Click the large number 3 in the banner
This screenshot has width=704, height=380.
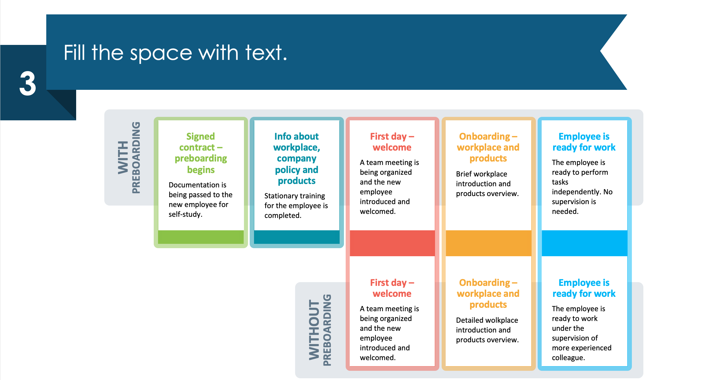click(28, 84)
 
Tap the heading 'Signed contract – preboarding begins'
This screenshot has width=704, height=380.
click(201, 153)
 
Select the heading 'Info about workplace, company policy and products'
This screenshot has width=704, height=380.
click(297, 158)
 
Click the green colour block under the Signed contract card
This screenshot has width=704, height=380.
click(201, 237)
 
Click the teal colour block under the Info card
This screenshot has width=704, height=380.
click(297, 237)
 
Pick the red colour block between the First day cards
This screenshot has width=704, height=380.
click(392, 243)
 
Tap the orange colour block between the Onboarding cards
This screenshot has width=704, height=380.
click(488, 243)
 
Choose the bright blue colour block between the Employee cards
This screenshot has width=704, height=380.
click(584, 243)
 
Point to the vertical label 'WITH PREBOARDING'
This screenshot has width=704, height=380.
click(129, 157)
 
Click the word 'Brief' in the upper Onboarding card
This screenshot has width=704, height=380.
click(463, 174)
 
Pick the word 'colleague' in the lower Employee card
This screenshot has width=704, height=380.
click(568, 358)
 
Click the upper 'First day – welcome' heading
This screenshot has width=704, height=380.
click(392, 142)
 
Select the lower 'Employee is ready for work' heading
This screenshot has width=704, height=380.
click(584, 288)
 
